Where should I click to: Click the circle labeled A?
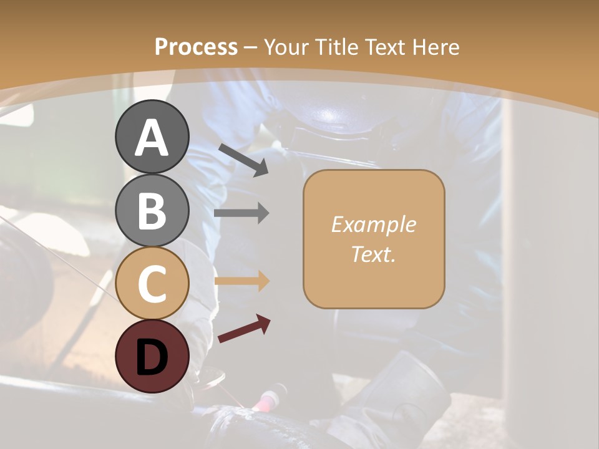click(x=152, y=137)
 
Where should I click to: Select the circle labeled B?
click(x=152, y=210)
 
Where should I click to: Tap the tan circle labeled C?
click(x=152, y=283)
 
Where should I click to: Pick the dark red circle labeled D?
click(x=152, y=356)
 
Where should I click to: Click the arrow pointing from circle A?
click(x=243, y=160)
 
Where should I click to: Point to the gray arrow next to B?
click(x=241, y=213)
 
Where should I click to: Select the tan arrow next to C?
click(x=241, y=281)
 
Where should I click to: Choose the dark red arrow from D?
click(x=244, y=329)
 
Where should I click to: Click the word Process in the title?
click(x=196, y=47)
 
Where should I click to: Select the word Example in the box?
click(x=373, y=224)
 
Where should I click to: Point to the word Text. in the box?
click(x=373, y=254)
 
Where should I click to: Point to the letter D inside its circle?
click(x=152, y=356)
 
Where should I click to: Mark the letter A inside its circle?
click(x=152, y=137)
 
